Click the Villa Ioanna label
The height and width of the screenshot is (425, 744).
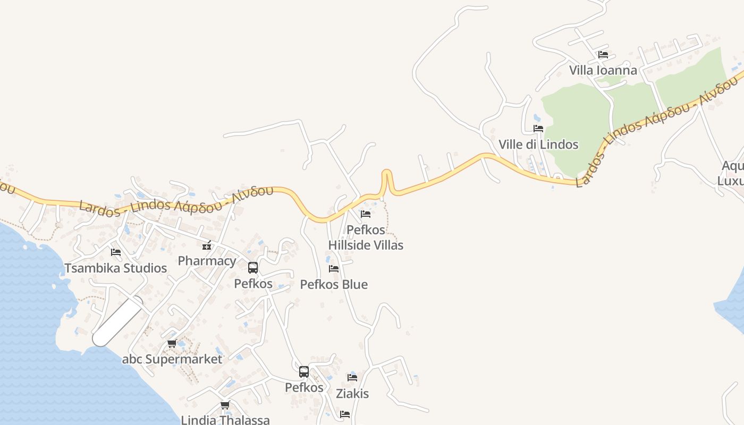pos(603,70)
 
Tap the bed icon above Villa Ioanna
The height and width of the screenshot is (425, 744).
pos(603,54)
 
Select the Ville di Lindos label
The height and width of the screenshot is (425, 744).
pos(538,144)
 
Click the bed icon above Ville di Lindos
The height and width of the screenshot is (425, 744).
pos(538,128)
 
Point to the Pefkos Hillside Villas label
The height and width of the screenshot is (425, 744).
pos(366,237)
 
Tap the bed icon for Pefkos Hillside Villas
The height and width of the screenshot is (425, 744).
pos(366,214)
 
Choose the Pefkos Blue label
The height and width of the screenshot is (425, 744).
pos(334,284)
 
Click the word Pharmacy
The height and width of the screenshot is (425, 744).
pos(207,261)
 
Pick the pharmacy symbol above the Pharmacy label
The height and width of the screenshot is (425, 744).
pos(207,245)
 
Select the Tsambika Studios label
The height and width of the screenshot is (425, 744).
pos(116,268)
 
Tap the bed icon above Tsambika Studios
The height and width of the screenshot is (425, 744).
pos(116,252)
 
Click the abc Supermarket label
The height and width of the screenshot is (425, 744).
pos(172,359)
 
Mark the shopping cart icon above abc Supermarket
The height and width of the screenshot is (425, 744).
pos(172,344)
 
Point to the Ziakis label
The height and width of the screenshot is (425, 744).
pos(352,394)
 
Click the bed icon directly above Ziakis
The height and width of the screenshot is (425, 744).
pos(352,378)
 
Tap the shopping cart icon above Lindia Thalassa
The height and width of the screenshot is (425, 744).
pos(225,405)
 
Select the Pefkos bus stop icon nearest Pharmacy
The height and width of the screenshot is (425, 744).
pos(253,268)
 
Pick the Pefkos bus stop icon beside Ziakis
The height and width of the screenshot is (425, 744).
pos(304,372)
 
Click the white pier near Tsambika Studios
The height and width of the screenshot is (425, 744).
pos(118,322)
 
